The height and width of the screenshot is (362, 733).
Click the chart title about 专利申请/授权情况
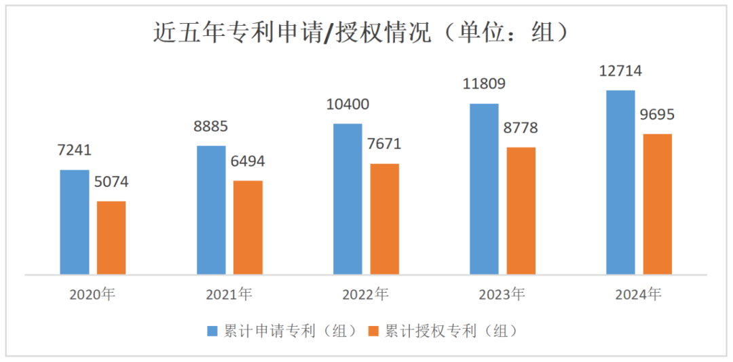click(x=360, y=33)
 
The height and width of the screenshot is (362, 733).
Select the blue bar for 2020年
click(x=75, y=222)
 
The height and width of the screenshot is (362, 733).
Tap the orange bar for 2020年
click(x=111, y=238)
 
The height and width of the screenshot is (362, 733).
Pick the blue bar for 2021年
click(x=211, y=210)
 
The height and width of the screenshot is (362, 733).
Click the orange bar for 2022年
click(x=384, y=219)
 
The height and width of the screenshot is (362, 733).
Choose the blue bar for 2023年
click(x=484, y=189)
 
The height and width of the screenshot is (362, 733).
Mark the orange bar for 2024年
click(x=657, y=204)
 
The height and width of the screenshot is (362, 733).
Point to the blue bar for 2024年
click(x=620, y=182)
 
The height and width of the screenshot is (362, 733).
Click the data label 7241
click(x=73, y=151)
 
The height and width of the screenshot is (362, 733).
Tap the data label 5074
click(x=111, y=182)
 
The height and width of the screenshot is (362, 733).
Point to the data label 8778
click(x=521, y=128)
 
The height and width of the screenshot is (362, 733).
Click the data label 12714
click(x=620, y=71)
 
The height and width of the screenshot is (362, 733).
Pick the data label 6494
click(x=247, y=162)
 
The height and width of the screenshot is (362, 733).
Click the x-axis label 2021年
click(x=229, y=295)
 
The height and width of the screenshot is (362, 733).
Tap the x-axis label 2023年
click(x=502, y=295)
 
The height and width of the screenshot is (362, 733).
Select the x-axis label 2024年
click(x=638, y=295)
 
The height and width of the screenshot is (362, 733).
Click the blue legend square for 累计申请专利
click(x=212, y=331)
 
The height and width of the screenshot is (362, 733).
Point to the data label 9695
click(x=657, y=115)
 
